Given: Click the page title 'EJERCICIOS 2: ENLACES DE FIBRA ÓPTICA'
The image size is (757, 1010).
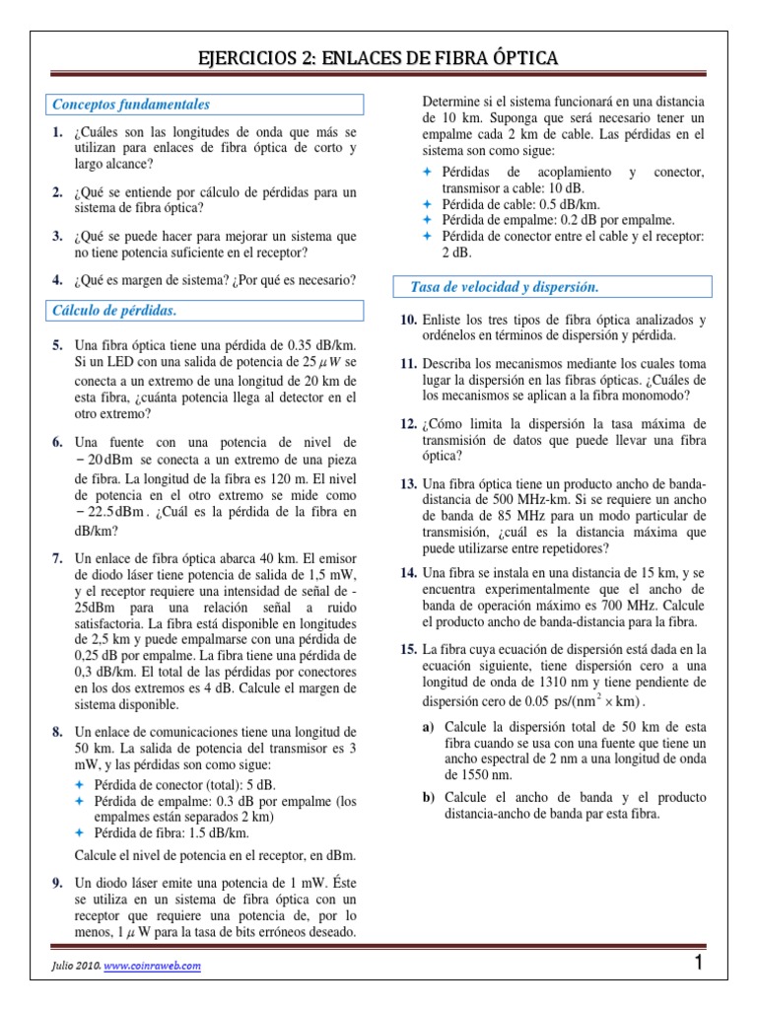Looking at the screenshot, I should (x=379, y=58).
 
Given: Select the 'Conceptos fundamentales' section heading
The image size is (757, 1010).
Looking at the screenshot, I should (x=131, y=105).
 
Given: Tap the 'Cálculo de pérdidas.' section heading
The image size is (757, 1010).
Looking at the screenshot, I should (x=114, y=312).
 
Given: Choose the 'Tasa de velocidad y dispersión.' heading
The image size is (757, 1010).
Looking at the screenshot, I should (x=505, y=287).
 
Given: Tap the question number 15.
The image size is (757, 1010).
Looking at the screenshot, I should (x=409, y=650).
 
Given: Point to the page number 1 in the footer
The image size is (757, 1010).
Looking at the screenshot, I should (x=698, y=966).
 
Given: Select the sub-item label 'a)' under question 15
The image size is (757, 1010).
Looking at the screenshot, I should (x=429, y=726).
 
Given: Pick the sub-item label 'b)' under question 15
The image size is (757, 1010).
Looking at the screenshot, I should (x=429, y=797).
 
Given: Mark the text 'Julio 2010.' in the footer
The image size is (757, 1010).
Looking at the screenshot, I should (x=72, y=967).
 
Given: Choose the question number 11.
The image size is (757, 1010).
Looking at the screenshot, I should (x=409, y=364).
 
